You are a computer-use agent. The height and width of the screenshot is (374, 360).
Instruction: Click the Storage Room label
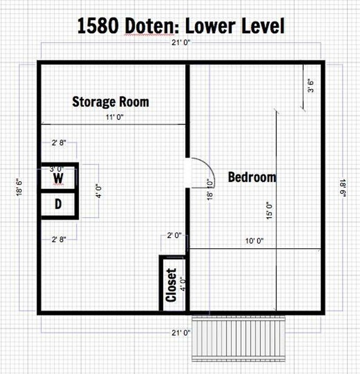[110, 102]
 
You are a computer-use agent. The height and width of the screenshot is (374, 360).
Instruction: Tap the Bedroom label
[252, 177]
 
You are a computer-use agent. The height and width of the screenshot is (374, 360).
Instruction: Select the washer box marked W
[58, 178]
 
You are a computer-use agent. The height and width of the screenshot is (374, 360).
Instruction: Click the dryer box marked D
[58, 204]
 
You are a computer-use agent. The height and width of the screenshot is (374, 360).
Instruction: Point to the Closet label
[171, 285]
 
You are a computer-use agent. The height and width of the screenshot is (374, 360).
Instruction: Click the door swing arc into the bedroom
[199, 171]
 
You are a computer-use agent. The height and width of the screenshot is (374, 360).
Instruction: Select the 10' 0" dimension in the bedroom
[254, 241]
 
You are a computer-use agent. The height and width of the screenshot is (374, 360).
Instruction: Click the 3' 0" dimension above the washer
[56, 168]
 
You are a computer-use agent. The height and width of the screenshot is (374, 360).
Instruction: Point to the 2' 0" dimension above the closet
[174, 235]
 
